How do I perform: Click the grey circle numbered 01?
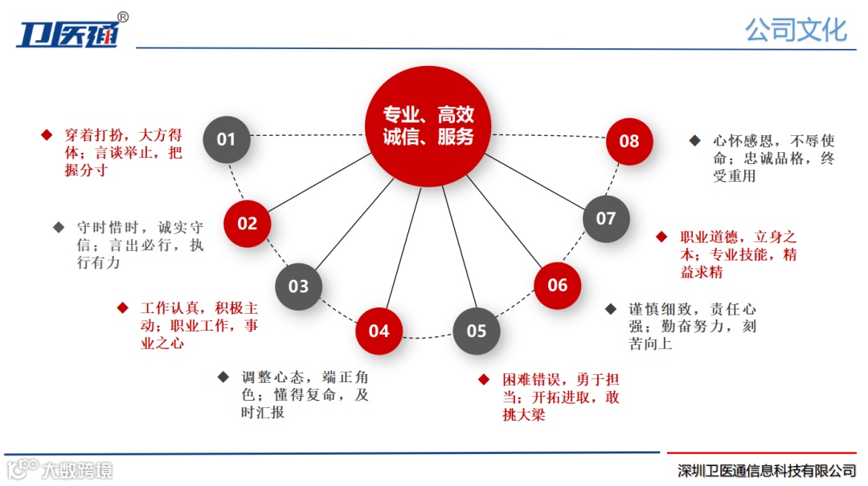[226, 140]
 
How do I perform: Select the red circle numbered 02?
[247, 224]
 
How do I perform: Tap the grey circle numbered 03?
[298, 286]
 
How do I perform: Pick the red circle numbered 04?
[379, 332]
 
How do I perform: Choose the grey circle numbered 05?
[477, 332]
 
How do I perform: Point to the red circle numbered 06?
[558, 286]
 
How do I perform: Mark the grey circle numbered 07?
[606, 219]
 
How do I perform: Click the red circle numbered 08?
[629, 142]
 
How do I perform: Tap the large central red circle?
[428, 126]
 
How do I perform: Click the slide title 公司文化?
[795, 30]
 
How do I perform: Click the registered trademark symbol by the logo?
[123, 17]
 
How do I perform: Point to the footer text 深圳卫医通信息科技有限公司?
[766, 471]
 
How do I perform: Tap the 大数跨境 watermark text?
[77, 470]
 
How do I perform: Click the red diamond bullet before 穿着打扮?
[47, 134]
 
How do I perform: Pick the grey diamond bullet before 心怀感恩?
[694, 140]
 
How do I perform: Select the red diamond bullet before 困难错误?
[484, 379]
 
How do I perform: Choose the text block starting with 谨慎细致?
[692, 326]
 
